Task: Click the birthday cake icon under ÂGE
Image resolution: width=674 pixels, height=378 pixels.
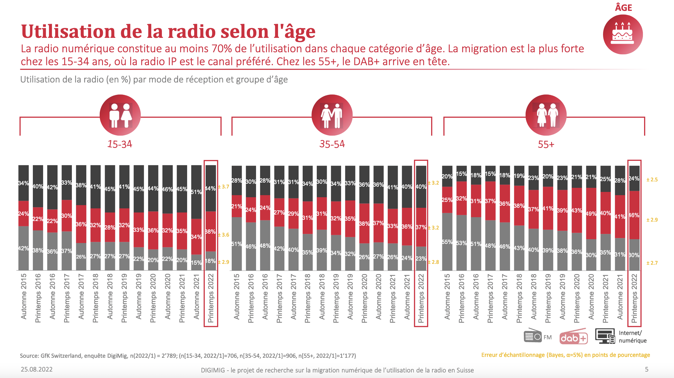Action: (623, 35)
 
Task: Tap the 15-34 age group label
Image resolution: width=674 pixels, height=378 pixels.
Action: (120, 144)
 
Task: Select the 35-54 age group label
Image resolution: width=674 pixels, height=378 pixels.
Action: (332, 144)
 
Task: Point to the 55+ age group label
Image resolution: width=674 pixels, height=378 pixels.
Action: (546, 144)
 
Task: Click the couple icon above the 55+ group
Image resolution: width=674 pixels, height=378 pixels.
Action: (546, 115)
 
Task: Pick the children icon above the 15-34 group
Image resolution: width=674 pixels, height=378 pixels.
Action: (120, 115)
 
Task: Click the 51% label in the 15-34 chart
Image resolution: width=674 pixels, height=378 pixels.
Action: (196, 192)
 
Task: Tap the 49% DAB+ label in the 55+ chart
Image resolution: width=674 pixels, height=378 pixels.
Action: (591, 213)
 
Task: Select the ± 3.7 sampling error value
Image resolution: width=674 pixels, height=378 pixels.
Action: (223, 187)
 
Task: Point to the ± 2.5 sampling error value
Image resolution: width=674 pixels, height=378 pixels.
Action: (652, 180)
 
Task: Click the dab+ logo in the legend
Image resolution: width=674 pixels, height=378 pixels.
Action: (573, 338)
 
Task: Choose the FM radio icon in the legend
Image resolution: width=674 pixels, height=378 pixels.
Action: (533, 336)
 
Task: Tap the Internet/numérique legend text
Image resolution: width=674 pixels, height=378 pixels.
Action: (633, 337)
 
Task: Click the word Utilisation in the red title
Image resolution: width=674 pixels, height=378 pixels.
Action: (68, 31)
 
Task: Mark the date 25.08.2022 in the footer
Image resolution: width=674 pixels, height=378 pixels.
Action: (37, 369)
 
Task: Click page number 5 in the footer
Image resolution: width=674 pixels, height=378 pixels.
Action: (646, 369)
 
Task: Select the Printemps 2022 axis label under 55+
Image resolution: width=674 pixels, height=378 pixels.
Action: (634, 298)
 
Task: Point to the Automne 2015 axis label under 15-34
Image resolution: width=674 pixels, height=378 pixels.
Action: (24, 296)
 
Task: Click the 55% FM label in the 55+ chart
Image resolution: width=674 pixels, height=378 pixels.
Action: (447, 242)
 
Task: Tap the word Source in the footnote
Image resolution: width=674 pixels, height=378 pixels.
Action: (29, 356)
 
